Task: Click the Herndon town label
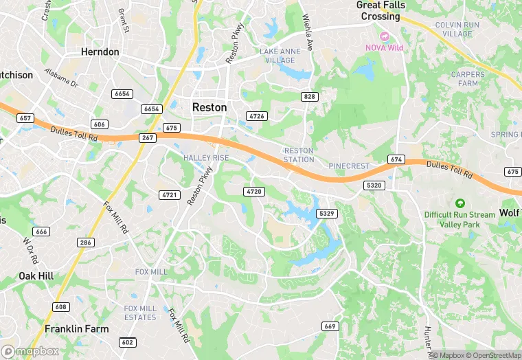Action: pyautogui.click(x=100, y=52)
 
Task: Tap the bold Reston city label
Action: pyautogui.click(x=209, y=107)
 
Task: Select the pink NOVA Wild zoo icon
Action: pyautogui.click(x=385, y=35)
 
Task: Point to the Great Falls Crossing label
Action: pyautogui.click(x=381, y=10)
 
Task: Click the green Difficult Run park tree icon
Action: pyautogui.click(x=459, y=203)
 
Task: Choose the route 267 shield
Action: pyautogui.click(x=148, y=137)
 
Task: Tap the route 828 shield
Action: pyautogui.click(x=310, y=97)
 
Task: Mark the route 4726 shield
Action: pyautogui.click(x=257, y=116)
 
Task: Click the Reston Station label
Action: pyautogui.click(x=299, y=155)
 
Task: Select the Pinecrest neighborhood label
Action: pyautogui.click(x=349, y=166)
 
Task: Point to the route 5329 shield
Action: pyautogui.click(x=327, y=214)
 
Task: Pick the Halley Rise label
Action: pyautogui.click(x=205, y=158)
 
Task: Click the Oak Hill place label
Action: pyautogui.click(x=36, y=275)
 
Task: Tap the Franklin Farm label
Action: pyautogui.click(x=76, y=329)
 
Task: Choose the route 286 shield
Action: pyautogui.click(x=86, y=243)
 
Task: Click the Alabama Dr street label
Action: pyautogui.click(x=62, y=77)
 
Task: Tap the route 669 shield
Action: pyautogui.click(x=330, y=326)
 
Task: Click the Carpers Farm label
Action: pyautogui.click(x=468, y=78)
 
